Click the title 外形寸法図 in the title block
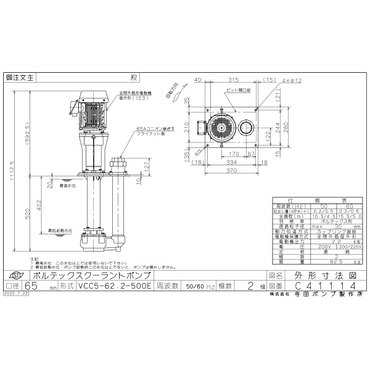tap(322, 276)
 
